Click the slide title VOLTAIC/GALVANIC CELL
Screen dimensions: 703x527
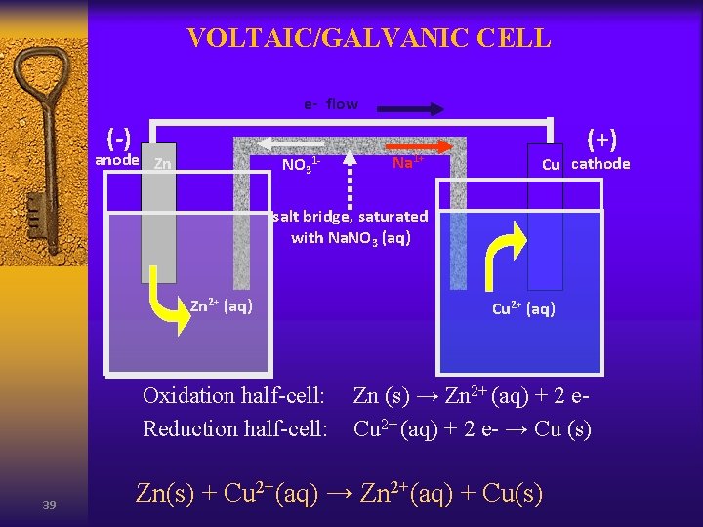tap(369, 38)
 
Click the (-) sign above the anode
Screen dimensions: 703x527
tap(119, 136)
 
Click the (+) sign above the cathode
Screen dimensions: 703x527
tap(600, 140)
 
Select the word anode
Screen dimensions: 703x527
tap(116, 160)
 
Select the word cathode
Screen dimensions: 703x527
tap(600, 163)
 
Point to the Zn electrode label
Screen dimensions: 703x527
tap(163, 164)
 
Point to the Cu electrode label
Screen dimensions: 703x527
tap(551, 165)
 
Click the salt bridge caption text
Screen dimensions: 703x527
tap(351, 226)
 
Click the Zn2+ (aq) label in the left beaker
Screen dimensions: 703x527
tap(222, 306)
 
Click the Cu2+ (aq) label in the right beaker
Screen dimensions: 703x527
tap(523, 309)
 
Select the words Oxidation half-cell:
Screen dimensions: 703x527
tap(233, 395)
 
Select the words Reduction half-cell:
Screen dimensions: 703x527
tap(234, 428)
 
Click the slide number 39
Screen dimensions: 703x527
tap(49, 505)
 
